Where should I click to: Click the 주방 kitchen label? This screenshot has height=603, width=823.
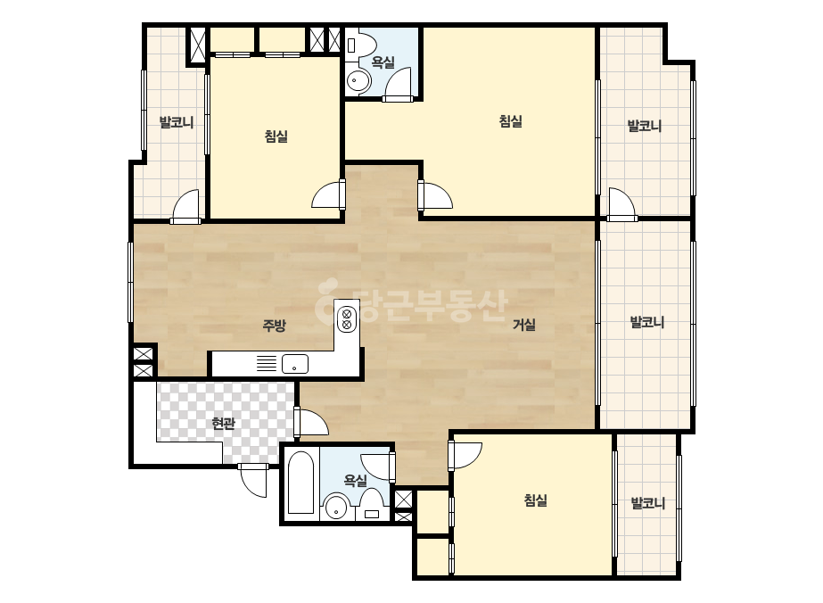point(274,326)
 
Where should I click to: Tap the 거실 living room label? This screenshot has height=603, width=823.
point(523,325)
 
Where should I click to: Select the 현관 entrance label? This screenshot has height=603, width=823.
point(223,423)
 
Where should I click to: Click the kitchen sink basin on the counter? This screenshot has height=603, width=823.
point(295,363)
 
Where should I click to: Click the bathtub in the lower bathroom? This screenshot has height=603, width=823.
point(301,483)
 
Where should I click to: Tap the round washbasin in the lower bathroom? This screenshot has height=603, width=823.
point(336,508)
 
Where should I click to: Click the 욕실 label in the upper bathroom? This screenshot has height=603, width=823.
point(383,62)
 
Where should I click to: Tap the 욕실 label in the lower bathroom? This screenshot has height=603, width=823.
point(356,480)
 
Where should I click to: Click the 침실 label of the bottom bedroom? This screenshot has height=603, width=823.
point(535,500)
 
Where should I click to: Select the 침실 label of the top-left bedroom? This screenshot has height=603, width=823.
point(276,136)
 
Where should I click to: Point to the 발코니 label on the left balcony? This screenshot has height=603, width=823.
point(177,122)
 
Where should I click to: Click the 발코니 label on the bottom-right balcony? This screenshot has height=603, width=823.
point(648,503)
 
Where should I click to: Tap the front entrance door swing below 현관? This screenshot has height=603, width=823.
point(253,481)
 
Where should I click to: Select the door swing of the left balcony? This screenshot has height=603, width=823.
point(186,206)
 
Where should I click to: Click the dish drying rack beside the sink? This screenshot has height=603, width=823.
point(267,363)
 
